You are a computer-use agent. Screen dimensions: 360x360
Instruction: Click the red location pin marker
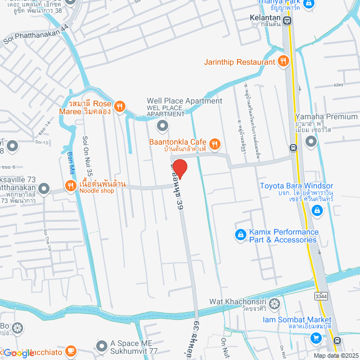(179, 169)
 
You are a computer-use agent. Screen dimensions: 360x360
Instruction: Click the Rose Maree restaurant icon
(119, 106)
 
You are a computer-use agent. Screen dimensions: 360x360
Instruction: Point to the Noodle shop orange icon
(70, 186)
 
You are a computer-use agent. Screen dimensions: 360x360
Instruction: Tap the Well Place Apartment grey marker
(163, 125)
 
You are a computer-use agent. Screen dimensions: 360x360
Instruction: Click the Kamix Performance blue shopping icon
(240, 234)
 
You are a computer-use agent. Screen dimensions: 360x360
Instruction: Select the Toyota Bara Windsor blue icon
(317, 210)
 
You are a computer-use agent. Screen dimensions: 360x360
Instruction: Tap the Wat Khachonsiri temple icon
(274, 304)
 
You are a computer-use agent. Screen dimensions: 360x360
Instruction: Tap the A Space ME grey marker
(101, 345)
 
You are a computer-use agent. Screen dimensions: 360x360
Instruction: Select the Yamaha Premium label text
(326, 116)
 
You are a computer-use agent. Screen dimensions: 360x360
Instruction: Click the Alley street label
(338, 85)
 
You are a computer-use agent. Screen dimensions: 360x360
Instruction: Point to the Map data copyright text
(335, 355)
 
